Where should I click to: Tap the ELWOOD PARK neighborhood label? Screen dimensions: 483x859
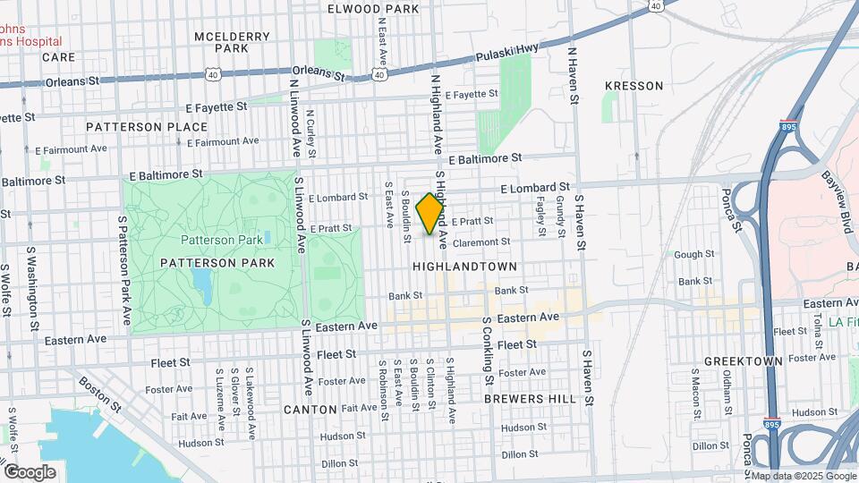pyautogui.click(x=373, y=9)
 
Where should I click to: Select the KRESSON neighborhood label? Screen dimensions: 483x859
pyautogui.click(x=634, y=86)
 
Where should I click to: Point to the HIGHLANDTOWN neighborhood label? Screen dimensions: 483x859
pyautogui.click(x=464, y=267)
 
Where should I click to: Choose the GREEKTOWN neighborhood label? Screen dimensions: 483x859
pyautogui.click(x=743, y=361)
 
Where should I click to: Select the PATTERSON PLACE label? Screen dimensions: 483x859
pyautogui.click(x=147, y=127)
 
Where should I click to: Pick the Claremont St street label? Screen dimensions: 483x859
pyautogui.click(x=481, y=241)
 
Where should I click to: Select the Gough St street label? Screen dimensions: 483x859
pyautogui.click(x=693, y=255)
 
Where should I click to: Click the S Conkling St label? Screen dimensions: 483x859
pyautogui.click(x=489, y=350)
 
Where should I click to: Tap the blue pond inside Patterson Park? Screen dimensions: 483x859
pyautogui.click(x=202, y=286)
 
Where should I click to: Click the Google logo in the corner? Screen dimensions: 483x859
pyautogui.click(x=30, y=471)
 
